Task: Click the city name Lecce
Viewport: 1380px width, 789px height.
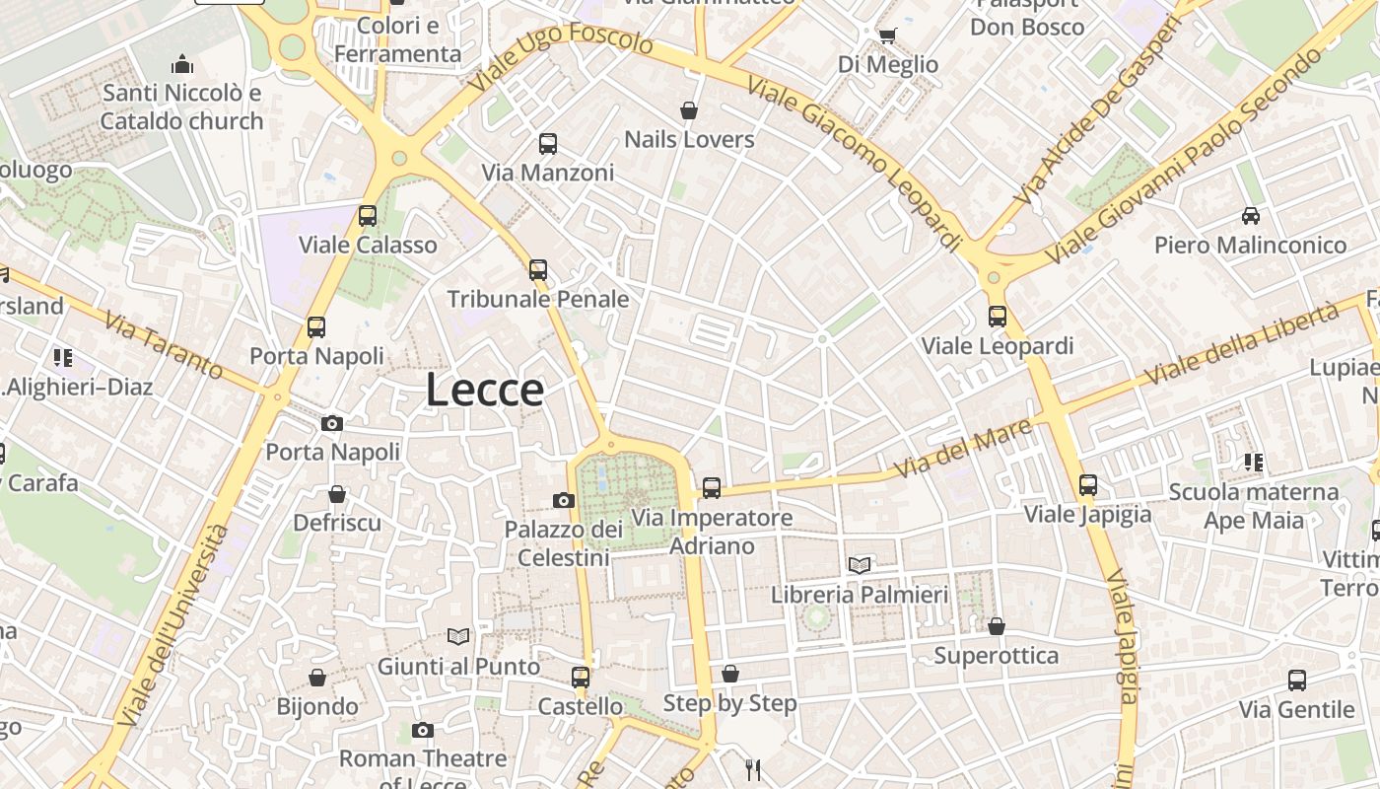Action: [485, 391]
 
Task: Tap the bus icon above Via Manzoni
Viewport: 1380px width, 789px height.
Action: [548, 144]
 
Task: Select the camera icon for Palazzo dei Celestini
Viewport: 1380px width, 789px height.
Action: [564, 500]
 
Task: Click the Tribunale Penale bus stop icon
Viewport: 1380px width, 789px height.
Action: [538, 269]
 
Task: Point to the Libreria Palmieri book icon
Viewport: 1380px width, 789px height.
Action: [860, 565]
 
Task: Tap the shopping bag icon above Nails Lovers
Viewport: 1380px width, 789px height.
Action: [689, 110]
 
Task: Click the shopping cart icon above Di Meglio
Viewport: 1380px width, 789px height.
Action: [887, 36]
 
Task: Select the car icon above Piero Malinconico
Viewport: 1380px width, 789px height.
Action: [1250, 216]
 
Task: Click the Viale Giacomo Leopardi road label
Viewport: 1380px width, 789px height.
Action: [855, 161]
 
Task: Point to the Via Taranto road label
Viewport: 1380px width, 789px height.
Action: [163, 345]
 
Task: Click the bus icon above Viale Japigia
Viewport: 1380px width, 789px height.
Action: [1088, 485]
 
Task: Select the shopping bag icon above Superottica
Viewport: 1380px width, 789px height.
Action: [997, 626]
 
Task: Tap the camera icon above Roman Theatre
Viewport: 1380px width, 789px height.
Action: [423, 730]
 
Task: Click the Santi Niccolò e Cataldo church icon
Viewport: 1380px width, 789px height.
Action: [182, 65]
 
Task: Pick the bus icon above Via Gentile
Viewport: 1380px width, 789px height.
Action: [1297, 681]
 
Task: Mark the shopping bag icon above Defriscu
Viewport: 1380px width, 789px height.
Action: [337, 494]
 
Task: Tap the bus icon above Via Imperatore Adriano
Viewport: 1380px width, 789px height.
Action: [712, 487]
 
